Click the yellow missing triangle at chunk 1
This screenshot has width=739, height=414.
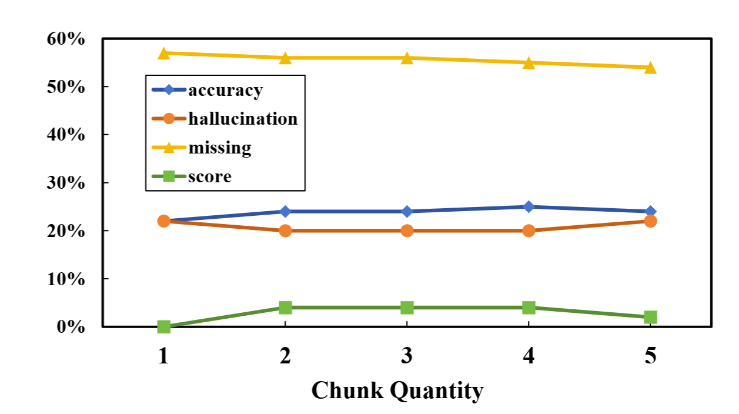(x=164, y=54)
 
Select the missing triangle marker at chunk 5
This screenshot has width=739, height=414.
(x=650, y=68)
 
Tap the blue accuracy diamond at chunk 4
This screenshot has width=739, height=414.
(x=529, y=206)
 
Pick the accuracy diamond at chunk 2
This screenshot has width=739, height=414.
(x=285, y=211)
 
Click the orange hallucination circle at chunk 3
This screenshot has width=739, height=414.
(x=407, y=231)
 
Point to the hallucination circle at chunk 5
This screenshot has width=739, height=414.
(x=650, y=221)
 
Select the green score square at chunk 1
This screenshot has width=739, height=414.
(x=164, y=326)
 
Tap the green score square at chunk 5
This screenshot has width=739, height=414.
(x=650, y=317)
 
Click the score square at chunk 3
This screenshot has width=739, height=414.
(x=407, y=308)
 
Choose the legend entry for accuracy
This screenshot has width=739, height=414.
(x=225, y=91)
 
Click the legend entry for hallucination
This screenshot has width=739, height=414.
(x=243, y=119)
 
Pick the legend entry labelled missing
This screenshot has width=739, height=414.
(x=219, y=148)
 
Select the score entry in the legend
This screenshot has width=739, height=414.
(x=210, y=176)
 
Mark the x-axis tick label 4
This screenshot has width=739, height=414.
(x=529, y=356)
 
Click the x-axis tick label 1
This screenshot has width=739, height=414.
(x=164, y=356)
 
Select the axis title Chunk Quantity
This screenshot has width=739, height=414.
(x=397, y=390)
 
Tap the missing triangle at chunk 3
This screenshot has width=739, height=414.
(x=407, y=58)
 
